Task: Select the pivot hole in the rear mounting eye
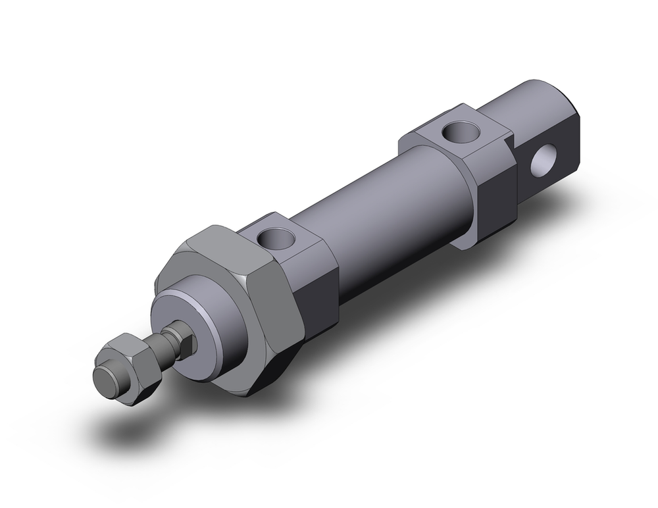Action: (544, 163)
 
